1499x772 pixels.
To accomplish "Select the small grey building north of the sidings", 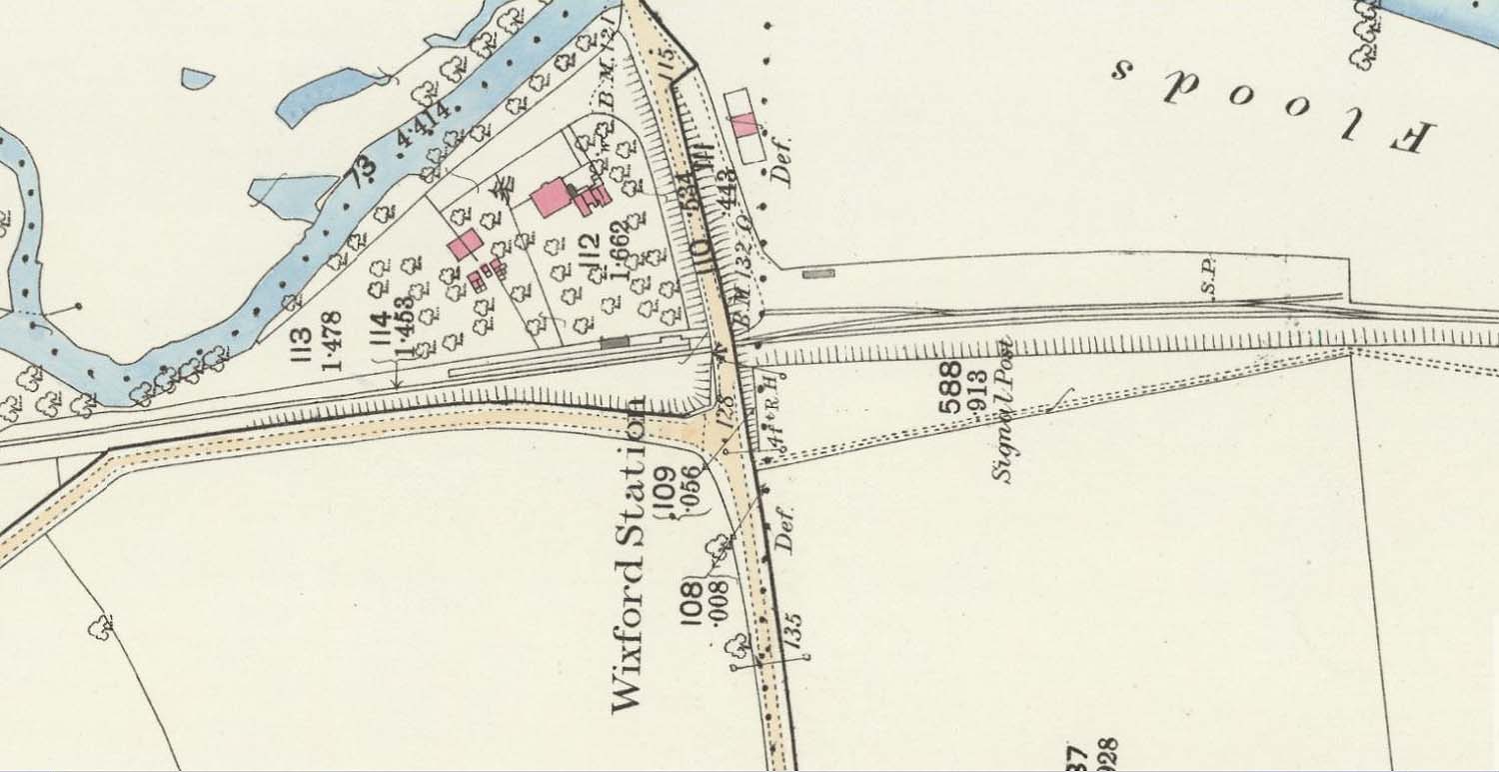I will tap(818, 272).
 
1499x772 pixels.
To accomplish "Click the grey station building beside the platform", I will tap(614, 342).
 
